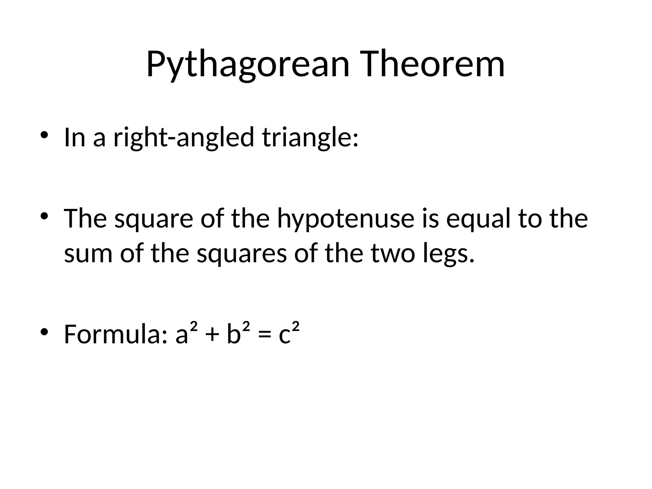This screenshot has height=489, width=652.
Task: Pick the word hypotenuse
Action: point(346,219)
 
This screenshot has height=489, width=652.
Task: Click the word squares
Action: point(242,254)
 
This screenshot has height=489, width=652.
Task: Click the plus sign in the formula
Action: point(212,336)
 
